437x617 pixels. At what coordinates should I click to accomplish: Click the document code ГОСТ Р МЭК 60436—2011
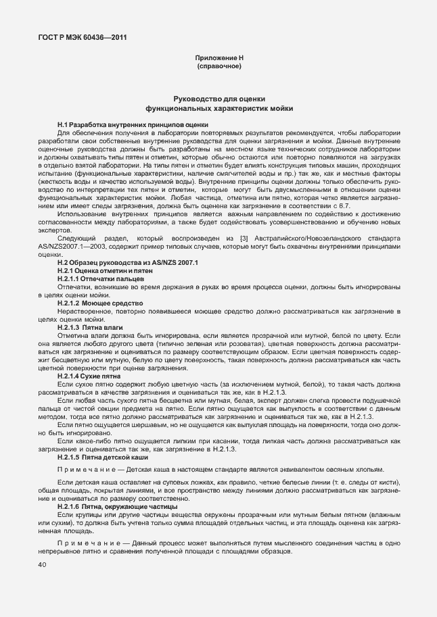point(82,37)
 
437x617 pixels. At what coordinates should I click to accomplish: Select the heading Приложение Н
point(218,59)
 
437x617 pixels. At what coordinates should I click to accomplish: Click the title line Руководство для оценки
point(218,99)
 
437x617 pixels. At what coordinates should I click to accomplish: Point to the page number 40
point(42,564)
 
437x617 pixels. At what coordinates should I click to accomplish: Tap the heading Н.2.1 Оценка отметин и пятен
point(105,270)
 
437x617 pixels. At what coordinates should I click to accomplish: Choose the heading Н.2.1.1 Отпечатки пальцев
point(101,278)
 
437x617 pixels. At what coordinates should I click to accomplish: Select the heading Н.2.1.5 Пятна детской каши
point(101,458)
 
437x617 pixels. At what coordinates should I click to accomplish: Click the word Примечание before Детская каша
point(84,470)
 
